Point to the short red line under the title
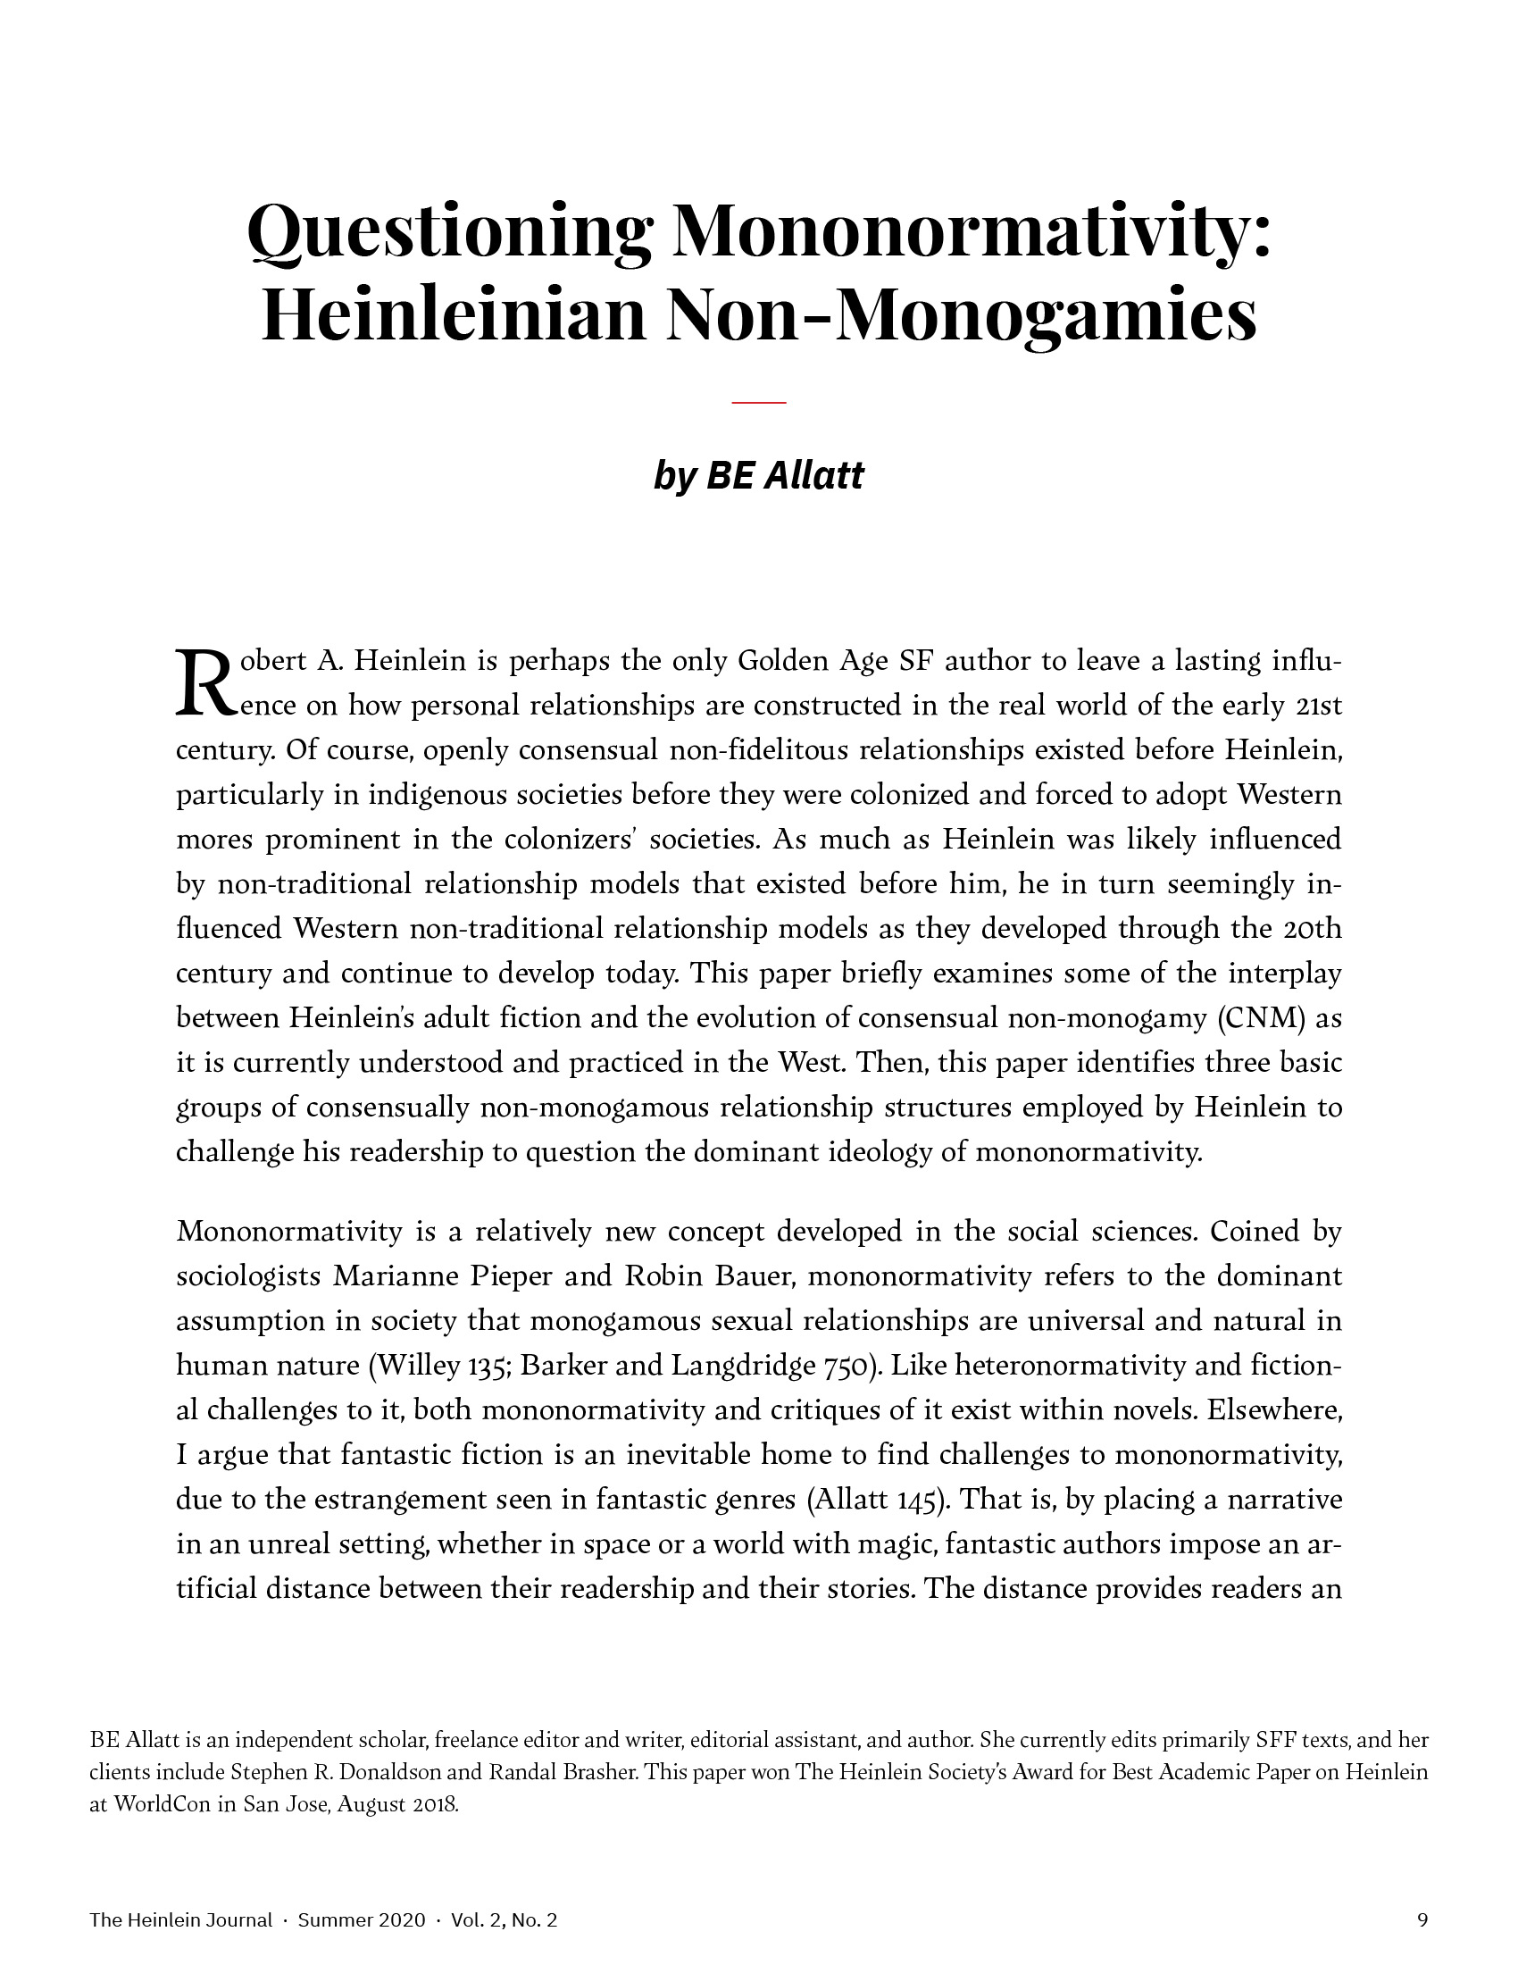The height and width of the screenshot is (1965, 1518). tap(758, 402)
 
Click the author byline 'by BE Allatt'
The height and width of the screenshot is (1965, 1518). tap(758, 475)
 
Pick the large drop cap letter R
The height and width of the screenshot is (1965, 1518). tap(205, 684)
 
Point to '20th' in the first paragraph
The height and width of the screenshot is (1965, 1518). tap(1315, 929)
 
